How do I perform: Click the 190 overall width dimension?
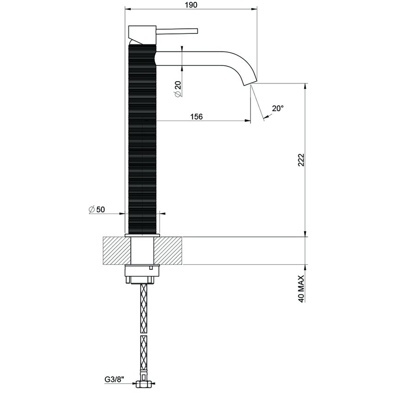pos(191,5)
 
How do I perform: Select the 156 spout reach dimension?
pos(197,117)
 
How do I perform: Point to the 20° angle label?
pos(278,108)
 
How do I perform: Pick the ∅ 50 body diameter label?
pos(97,210)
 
